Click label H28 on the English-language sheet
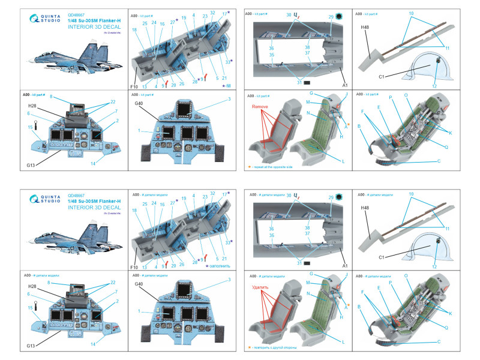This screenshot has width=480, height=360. pos(32,106)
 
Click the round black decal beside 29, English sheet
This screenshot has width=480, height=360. pos(338,17)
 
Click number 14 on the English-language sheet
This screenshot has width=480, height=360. pos(93,164)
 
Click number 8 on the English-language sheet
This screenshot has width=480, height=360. pos(52,96)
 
